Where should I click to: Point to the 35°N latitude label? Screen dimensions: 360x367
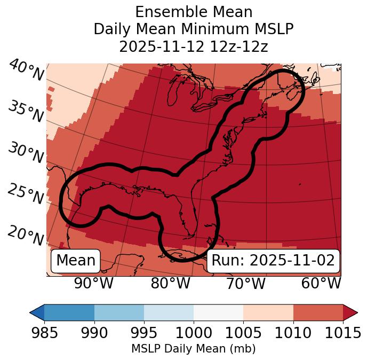(x=26, y=112)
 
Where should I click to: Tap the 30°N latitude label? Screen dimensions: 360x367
(x=26, y=153)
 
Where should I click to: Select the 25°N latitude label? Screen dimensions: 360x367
(x=26, y=194)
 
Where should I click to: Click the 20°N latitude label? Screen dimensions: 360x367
(x=26, y=235)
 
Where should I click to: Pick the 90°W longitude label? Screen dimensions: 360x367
(x=94, y=283)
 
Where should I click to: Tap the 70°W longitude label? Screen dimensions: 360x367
(x=245, y=283)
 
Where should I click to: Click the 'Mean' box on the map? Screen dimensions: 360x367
(x=76, y=261)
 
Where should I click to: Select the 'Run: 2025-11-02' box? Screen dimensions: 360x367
(x=273, y=261)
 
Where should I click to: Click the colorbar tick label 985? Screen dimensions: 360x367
(x=44, y=333)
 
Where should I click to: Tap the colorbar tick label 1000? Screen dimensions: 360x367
(x=194, y=333)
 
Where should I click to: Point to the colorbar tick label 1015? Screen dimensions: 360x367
(x=343, y=333)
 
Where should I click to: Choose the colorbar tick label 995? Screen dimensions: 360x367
(x=144, y=333)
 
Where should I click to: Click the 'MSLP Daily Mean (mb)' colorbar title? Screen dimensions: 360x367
(x=193, y=349)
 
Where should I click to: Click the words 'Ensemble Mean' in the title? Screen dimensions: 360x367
(x=193, y=12)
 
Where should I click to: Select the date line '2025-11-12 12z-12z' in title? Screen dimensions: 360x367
(x=193, y=46)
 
